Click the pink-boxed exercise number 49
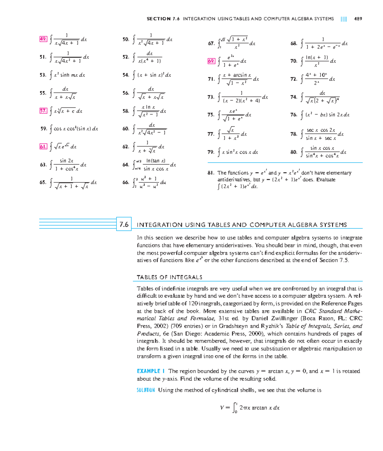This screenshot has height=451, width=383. click(43, 39)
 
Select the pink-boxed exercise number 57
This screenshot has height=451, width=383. click(43, 111)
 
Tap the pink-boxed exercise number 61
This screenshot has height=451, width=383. click(43, 147)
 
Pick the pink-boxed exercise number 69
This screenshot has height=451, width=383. click(211, 61)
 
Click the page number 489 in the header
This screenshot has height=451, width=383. click(358, 19)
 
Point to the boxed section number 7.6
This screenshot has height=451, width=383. click(124, 225)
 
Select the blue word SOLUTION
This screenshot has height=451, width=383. click(146, 390)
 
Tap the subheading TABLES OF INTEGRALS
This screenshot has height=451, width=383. click(169, 277)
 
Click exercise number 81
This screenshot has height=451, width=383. click(211, 173)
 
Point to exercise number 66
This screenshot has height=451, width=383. click(126, 182)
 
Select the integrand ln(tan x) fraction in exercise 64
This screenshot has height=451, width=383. click(156, 165)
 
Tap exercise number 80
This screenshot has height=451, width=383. click(294, 152)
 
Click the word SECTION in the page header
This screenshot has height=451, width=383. click(158, 19)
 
